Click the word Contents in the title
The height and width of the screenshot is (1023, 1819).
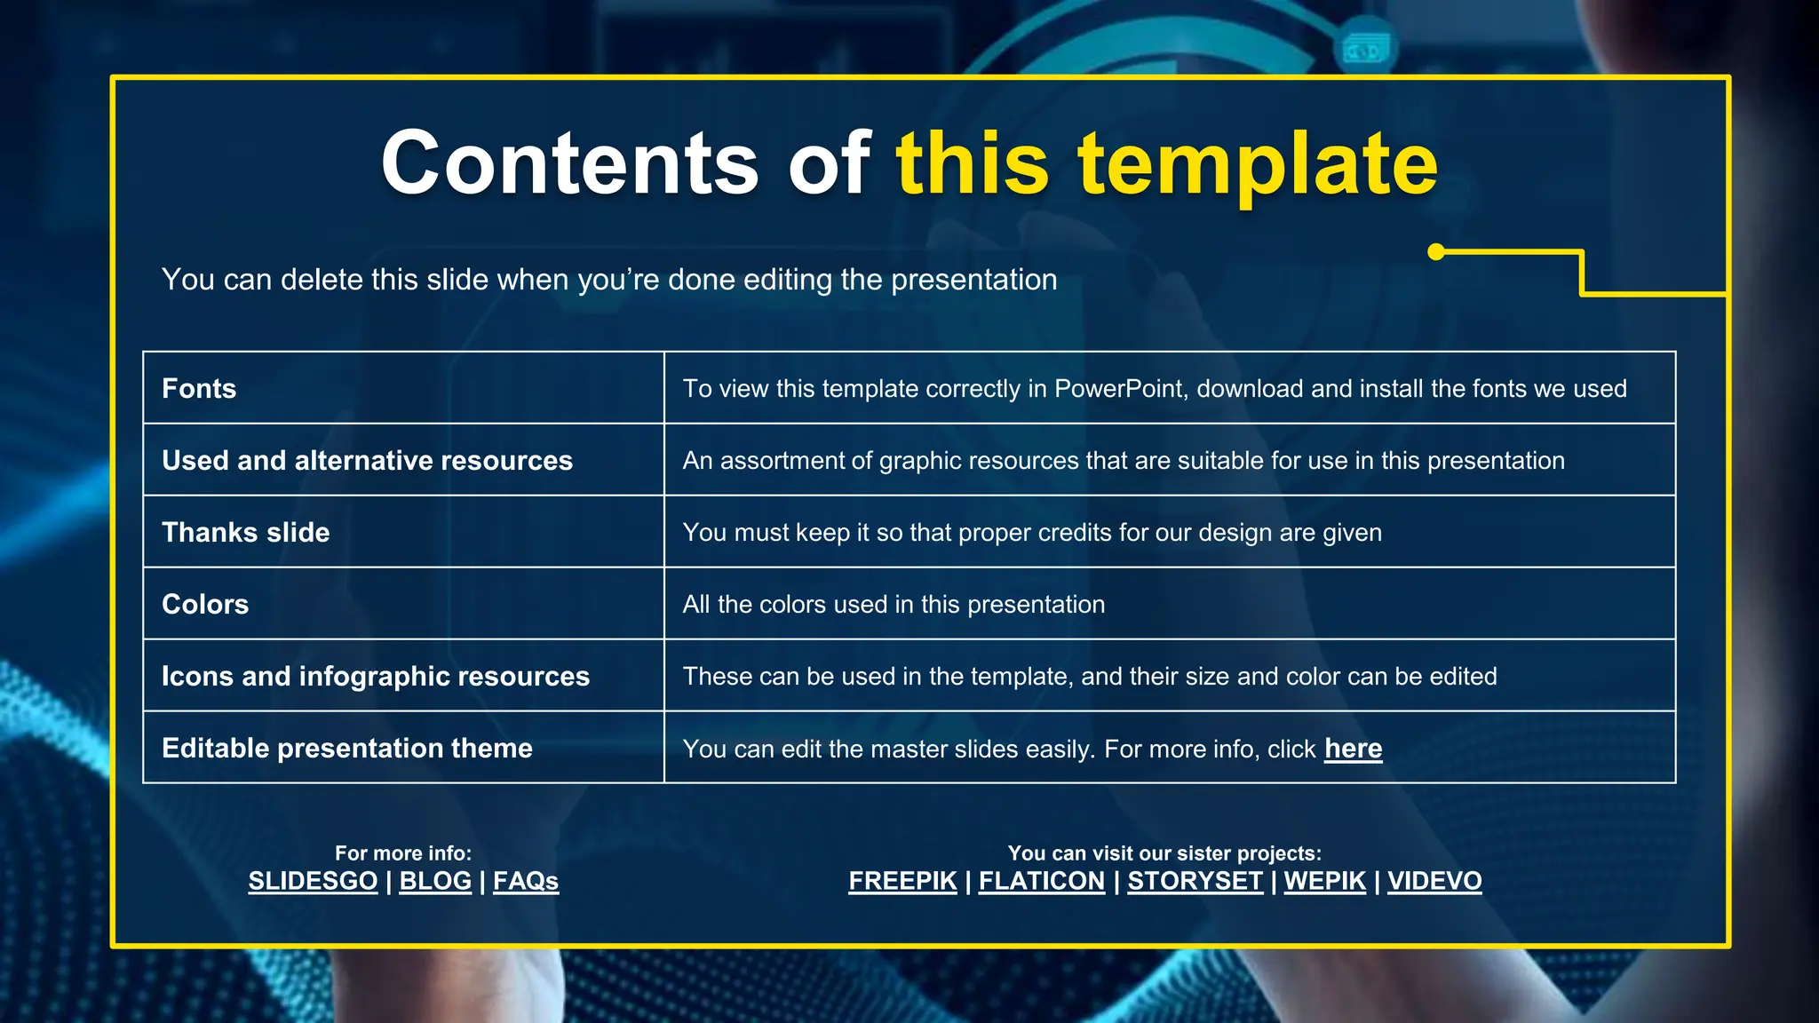coord(569,163)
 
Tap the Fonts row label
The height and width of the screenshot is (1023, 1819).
coord(199,389)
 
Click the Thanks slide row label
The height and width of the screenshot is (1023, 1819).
coord(245,533)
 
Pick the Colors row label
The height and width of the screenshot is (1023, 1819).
coord(205,605)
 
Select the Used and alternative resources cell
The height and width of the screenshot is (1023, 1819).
coord(367,461)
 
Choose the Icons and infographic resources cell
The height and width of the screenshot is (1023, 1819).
coord(375,677)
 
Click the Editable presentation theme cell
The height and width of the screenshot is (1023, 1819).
coord(346,749)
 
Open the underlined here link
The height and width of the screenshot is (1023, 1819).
coord(1353,749)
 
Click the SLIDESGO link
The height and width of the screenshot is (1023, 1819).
coord(313,881)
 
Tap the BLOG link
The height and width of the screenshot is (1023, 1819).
coord(435,881)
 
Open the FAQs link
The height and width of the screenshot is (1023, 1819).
coord(526,881)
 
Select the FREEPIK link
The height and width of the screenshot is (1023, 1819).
coord(902,881)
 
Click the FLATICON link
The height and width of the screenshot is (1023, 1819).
coord(1042,881)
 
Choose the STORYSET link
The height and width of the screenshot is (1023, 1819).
coord(1195,881)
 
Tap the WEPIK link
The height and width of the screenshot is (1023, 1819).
coord(1324,881)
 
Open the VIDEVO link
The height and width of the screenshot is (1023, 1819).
coord(1434,881)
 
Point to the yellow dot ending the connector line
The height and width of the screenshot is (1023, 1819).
coord(1436,252)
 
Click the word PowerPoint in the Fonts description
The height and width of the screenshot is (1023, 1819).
coord(1119,389)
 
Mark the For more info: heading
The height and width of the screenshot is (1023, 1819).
coord(403,853)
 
